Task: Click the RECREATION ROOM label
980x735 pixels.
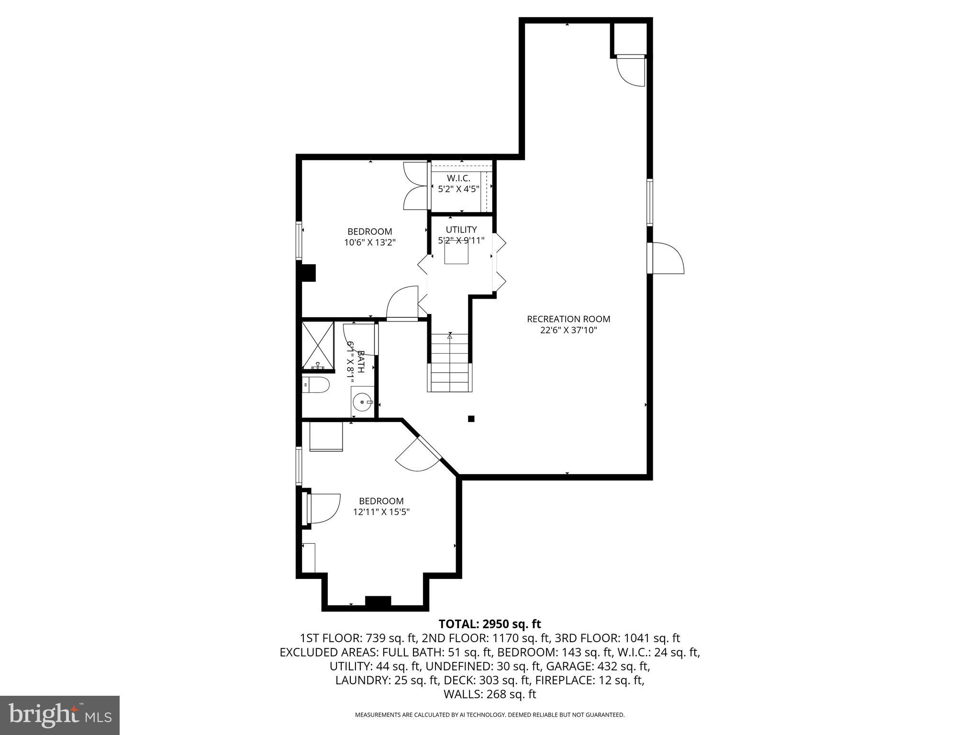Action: (x=568, y=319)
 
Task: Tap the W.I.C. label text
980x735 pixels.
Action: (x=458, y=178)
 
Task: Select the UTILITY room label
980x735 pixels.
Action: (x=461, y=230)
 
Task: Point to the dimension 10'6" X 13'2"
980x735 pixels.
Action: (x=370, y=243)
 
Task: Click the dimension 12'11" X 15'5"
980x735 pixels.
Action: (x=381, y=512)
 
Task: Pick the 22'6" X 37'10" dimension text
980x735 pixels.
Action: (x=568, y=330)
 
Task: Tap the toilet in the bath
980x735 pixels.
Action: (x=316, y=384)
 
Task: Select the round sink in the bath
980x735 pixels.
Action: (x=362, y=402)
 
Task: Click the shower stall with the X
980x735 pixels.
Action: (x=318, y=345)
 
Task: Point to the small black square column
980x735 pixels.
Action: (x=471, y=419)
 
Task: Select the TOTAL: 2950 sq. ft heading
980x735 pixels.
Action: (x=490, y=624)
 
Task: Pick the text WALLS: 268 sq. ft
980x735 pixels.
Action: (x=490, y=694)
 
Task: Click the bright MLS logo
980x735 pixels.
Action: (x=60, y=715)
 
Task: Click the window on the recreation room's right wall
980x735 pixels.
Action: (x=650, y=202)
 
